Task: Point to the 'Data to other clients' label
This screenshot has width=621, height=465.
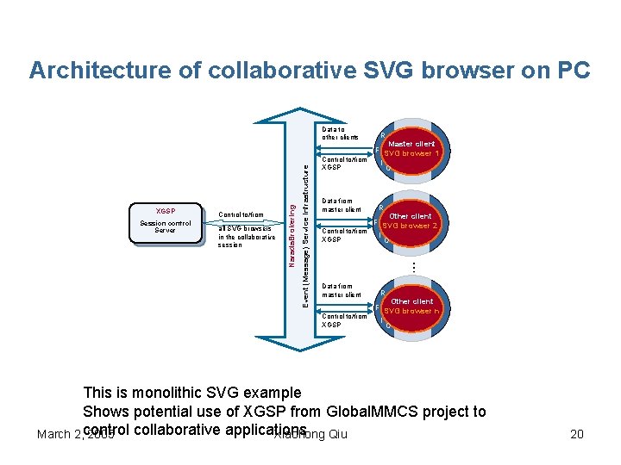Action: pos(340,133)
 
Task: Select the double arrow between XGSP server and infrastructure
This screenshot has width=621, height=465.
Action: pos(246,226)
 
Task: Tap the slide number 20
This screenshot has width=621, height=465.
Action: pos(576,434)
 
